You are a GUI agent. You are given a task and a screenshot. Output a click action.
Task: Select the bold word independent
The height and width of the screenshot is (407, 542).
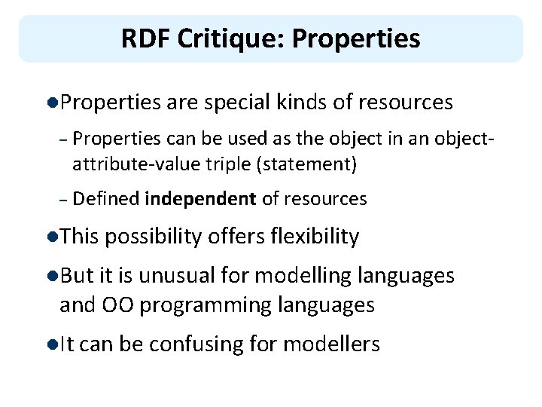(x=200, y=199)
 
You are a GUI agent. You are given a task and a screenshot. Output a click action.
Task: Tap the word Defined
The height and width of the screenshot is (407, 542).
(x=107, y=199)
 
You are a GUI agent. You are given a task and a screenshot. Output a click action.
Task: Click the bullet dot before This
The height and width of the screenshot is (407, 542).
(x=50, y=237)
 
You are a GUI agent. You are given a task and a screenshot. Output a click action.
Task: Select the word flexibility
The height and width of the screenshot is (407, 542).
(x=312, y=237)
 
